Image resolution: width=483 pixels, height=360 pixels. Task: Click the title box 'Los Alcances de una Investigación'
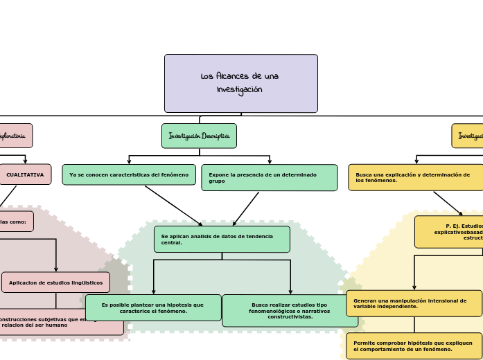(240, 83)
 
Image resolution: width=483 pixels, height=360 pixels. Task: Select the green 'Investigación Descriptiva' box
(199, 136)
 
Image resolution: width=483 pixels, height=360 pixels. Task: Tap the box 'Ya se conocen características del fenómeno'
(129, 174)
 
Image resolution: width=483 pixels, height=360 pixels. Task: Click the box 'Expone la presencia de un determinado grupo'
(269, 177)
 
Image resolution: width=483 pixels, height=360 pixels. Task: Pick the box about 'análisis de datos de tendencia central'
(222, 239)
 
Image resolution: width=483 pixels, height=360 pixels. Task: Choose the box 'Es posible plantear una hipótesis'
(153, 307)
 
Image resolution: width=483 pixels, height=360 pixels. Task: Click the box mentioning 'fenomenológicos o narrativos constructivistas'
(290, 310)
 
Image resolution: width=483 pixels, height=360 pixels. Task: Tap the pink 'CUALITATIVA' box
(25, 174)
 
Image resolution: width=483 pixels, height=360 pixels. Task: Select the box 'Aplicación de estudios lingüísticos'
(55, 282)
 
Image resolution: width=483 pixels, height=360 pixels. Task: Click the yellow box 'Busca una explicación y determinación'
(416, 177)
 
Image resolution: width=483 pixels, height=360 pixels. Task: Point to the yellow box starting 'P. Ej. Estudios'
(449, 231)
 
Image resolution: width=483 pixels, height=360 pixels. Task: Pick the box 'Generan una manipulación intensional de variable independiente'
(414, 303)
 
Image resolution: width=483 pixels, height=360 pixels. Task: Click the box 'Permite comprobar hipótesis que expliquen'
(414, 345)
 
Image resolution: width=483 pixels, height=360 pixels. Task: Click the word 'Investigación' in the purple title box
(239, 90)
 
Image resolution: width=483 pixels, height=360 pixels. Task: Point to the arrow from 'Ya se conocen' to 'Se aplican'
(173, 206)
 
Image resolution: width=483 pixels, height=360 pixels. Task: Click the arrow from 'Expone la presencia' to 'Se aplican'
(246, 208)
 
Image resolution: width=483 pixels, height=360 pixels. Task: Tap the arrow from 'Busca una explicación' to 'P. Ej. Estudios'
(448, 204)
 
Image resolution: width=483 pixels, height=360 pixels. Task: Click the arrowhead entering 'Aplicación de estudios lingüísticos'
(56, 269)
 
